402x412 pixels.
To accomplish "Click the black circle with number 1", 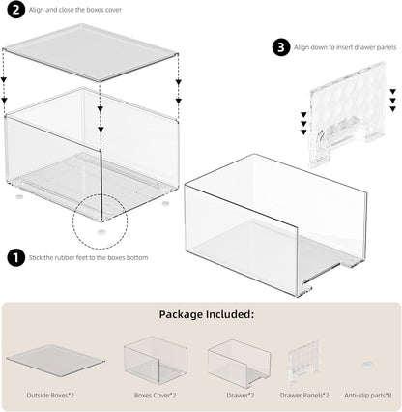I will [15, 257].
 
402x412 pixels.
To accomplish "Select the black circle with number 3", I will [279, 46].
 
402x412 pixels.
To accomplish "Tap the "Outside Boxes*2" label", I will [56, 396].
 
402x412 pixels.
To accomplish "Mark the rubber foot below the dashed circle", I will [102, 232].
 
